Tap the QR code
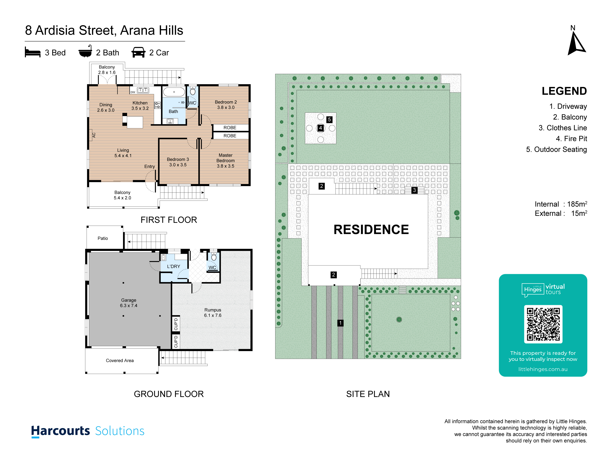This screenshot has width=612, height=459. (543, 324)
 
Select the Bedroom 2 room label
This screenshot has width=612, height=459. (226, 105)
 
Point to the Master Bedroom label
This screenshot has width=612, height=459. (225, 161)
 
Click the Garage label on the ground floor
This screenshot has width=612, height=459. (129, 303)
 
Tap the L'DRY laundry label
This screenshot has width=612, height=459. (173, 266)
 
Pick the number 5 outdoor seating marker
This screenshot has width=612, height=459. (329, 120)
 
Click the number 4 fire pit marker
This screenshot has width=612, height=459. (320, 128)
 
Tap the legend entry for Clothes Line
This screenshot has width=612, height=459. (563, 128)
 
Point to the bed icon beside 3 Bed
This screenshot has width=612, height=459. (33, 52)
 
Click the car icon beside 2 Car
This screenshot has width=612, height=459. (138, 52)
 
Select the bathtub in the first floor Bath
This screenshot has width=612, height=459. (174, 92)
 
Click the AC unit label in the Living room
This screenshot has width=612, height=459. (94, 135)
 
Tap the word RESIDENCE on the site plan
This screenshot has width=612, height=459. (371, 229)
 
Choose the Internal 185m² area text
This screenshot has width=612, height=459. (561, 204)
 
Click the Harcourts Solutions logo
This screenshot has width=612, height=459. (88, 431)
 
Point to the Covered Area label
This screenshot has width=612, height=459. (120, 360)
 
